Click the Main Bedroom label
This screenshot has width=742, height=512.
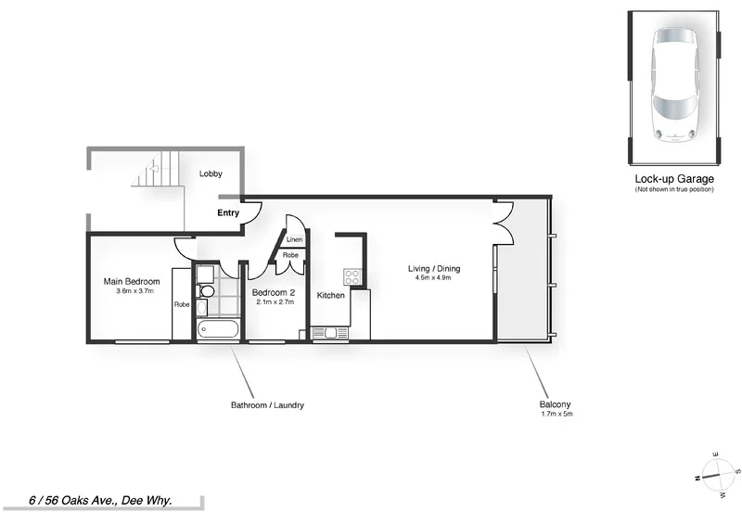(x=132, y=282)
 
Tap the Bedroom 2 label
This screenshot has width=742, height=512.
(x=275, y=291)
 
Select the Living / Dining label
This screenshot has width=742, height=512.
(x=434, y=269)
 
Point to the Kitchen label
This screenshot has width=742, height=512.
(x=331, y=296)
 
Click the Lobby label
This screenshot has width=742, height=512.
(x=211, y=173)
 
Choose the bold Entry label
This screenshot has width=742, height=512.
(x=228, y=212)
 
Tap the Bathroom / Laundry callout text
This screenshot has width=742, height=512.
(x=267, y=405)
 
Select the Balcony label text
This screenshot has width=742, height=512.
(x=555, y=403)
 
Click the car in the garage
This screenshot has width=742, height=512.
(x=674, y=83)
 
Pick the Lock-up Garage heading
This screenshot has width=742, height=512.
(x=673, y=178)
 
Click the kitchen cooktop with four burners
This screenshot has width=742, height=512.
(x=352, y=276)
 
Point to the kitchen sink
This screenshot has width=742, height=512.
(x=330, y=333)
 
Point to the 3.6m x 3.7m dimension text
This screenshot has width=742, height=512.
(x=132, y=291)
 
